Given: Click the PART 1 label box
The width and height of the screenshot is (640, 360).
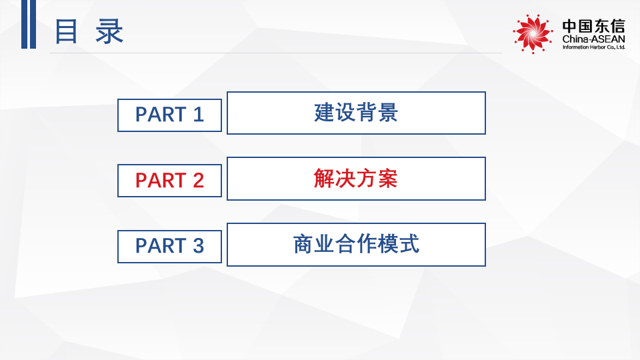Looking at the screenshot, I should [x=169, y=115].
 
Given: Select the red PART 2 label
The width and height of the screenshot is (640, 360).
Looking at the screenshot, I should [x=169, y=181].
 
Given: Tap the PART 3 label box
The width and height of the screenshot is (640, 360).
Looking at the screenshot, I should [x=169, y=246].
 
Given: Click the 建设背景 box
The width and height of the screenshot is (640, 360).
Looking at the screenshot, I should [x=356, y=113].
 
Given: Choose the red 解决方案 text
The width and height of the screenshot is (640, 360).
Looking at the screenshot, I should [x=356, y=179].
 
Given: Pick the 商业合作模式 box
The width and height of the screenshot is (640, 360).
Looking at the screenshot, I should [x=356, y=245].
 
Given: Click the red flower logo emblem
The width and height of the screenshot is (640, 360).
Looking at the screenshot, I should [x=533, y=33].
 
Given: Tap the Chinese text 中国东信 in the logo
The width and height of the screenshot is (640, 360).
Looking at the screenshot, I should [x=593, y=27].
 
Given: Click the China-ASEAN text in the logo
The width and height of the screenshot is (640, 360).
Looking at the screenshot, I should [x=593, y=40].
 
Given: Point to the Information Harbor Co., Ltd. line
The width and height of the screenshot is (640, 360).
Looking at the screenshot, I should [x=593, y=48].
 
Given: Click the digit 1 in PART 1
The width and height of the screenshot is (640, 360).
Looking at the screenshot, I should [x=197, y=115].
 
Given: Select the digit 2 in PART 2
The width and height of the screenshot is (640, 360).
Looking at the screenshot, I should [x=198, y=181].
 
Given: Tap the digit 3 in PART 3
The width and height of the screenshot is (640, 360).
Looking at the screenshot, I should [x=198, y=246].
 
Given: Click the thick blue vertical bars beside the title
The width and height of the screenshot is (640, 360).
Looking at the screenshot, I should [x=28, y=24].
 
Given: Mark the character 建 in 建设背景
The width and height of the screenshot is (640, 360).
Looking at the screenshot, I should [x=324, y=113].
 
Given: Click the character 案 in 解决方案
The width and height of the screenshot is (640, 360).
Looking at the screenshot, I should [x=387, y=179].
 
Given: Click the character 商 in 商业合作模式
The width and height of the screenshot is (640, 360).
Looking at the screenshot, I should [x=303, y=245].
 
